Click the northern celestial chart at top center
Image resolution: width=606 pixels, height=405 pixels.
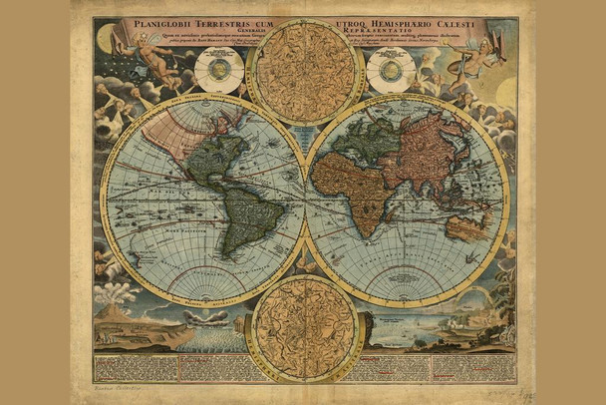pyautogui.click(x=305, y=70)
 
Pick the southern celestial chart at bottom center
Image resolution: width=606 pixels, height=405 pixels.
pyautogui.click(x=305, y=329)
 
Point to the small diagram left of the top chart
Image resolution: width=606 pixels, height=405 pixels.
pyautogui.click(x=219, y=70)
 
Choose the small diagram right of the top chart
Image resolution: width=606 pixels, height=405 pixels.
pyautogui.click(x=391, y=70)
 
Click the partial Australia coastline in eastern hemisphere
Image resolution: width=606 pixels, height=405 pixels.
pyautogui.click(x=465, y=227)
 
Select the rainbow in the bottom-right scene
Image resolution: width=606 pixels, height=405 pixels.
pyautogui.click(x=468, y=299)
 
